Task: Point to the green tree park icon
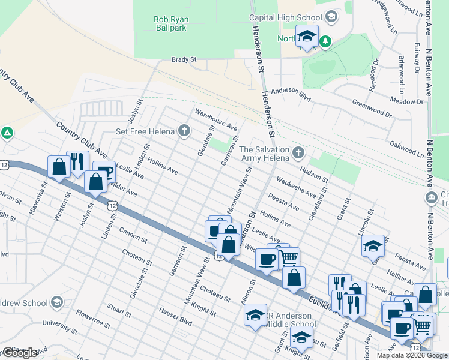[x=325, y=41]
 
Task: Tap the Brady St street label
[x=184, y=59]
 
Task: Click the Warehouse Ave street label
[x=215, y=119]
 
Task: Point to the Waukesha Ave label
[x=296, y=187]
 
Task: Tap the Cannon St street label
[x=133, y=234]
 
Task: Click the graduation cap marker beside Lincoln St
[x=373, y=245]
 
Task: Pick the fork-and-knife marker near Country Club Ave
[x=77, y=161]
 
